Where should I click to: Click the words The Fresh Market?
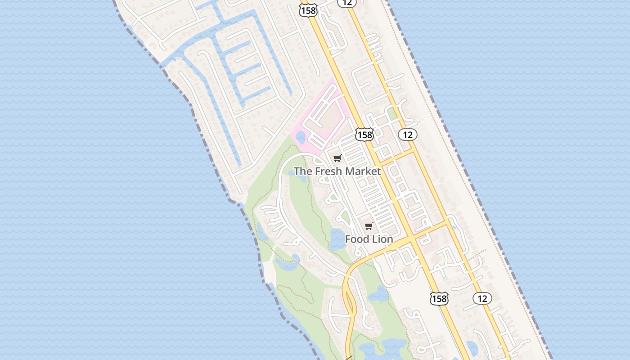(x=337, y=171)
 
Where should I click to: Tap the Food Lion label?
(x=369, y=239)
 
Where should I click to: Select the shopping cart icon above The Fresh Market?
(x=337, y=158)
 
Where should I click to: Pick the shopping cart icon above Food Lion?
(x=369, y=226)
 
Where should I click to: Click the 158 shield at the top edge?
(x=308, y=10)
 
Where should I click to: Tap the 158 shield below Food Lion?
(x=439, y=298)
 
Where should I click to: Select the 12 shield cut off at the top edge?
(x=347, y=3)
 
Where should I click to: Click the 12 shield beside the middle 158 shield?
(x=408, y=135)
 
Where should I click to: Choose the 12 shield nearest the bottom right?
(x=482, y=298)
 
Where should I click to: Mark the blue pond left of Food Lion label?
(x=336, y=239)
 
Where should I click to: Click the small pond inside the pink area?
(x=301, y=137)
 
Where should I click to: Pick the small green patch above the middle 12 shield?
(x=392, y=112)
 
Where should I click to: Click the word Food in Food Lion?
(x=358, y=239)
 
